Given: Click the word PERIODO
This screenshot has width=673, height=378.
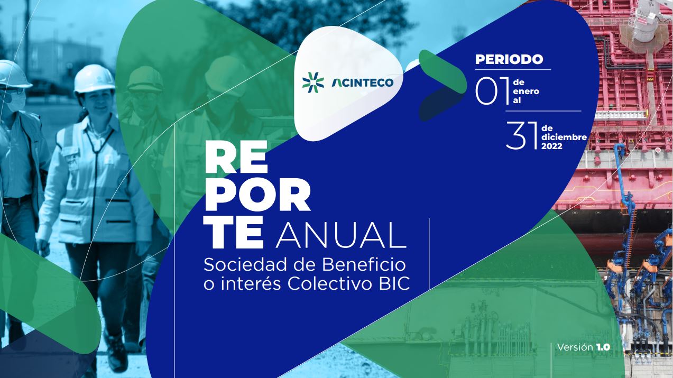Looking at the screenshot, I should click(509, 60).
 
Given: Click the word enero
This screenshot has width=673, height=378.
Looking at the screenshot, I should click(526, 91).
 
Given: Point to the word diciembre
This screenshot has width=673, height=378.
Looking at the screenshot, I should click(564, 137).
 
